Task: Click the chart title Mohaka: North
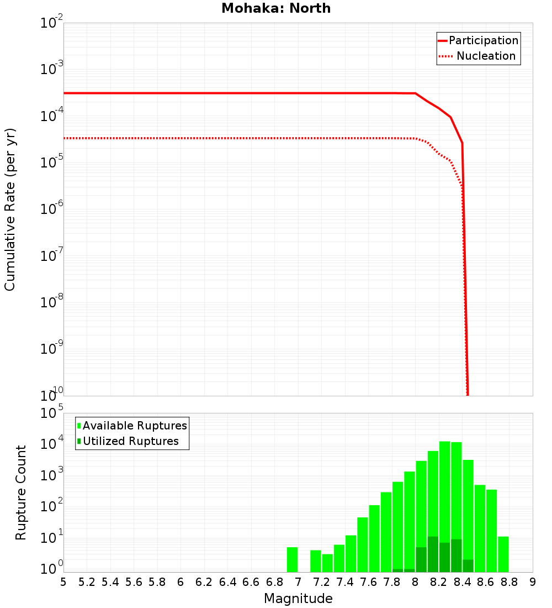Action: [276, 8]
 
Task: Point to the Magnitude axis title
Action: [298, 599]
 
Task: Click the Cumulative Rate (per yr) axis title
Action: [10, 209]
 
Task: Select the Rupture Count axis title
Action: [21, 492]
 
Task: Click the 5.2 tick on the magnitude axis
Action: [87, 582]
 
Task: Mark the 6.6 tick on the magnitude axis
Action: [251, 582]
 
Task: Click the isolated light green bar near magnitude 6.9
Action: [292, 559]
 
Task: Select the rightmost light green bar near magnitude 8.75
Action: [503, 554]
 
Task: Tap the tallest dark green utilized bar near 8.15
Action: [433, 554]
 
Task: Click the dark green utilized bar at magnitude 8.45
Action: [468, 566]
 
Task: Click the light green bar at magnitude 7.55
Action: [363, 544]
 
